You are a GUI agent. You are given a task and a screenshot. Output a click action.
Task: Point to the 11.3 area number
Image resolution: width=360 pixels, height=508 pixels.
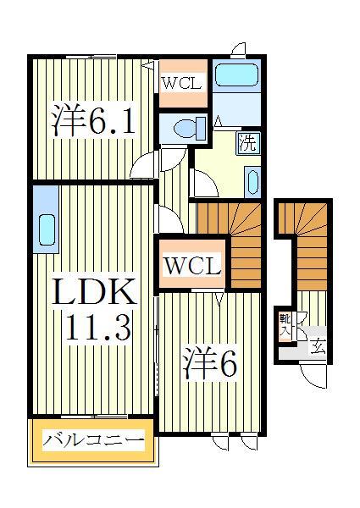pos(94,328)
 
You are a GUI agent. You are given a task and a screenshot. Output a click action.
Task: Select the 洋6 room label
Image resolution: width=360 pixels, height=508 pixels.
pos(208,366)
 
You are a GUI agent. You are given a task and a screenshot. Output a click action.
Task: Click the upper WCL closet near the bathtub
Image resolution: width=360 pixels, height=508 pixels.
pos(182,84)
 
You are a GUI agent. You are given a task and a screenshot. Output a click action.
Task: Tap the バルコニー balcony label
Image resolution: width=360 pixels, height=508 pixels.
pos(94,440)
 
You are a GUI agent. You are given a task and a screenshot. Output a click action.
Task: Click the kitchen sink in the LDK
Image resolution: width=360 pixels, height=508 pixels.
pos(46,229)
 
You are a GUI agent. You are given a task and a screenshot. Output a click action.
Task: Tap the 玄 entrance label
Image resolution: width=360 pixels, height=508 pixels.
pos(318,345)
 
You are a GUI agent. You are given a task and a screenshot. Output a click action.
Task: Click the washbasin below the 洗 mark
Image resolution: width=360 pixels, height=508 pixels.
pos(252,181)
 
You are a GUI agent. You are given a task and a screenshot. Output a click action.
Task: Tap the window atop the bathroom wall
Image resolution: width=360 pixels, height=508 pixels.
pos(238,50)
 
